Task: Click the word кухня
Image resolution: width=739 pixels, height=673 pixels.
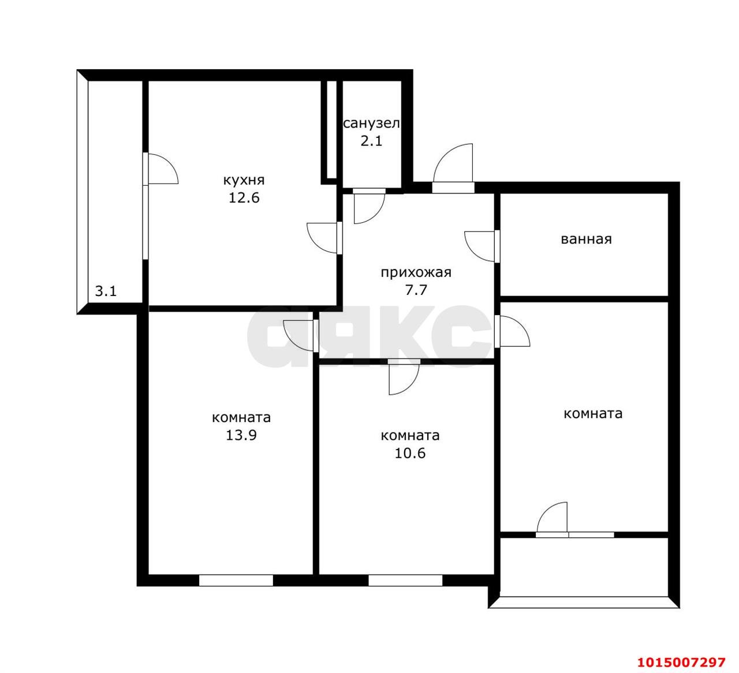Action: tap(244, 181)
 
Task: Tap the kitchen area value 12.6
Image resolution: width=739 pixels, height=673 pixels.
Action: tap(244, 198)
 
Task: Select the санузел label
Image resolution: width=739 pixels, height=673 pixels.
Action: tap(371, 124)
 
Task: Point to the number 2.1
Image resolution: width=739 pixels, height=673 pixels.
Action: tap(371, 141)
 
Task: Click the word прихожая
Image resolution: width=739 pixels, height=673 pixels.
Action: tap(416, 272)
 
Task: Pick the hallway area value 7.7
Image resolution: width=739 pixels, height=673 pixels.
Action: tap(416, 290)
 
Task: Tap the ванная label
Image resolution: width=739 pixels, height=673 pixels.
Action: tap(586, 240)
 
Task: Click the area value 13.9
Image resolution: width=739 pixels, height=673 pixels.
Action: tap(241, 435)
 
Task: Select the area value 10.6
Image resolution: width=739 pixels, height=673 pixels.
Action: tap(410, 453)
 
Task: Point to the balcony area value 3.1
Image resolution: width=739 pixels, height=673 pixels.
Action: tap(106, 291)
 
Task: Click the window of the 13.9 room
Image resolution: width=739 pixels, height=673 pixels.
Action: tap(236, 580)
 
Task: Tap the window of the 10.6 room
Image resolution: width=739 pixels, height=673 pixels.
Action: tap(405, 580)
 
